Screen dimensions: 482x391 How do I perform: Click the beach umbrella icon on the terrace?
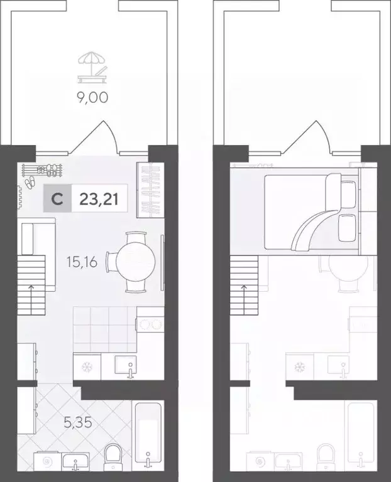click(x=92, y=67)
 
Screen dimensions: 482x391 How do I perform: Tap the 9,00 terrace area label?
click(x=92, y=98)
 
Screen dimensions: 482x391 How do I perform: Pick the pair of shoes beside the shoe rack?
click(x=30, y=183)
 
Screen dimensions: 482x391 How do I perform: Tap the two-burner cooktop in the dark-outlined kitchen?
click(x=150, y=325)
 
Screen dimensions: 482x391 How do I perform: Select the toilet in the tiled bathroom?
click(x=114, y=455)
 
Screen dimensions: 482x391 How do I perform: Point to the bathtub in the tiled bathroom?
click(x=148, y=433)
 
